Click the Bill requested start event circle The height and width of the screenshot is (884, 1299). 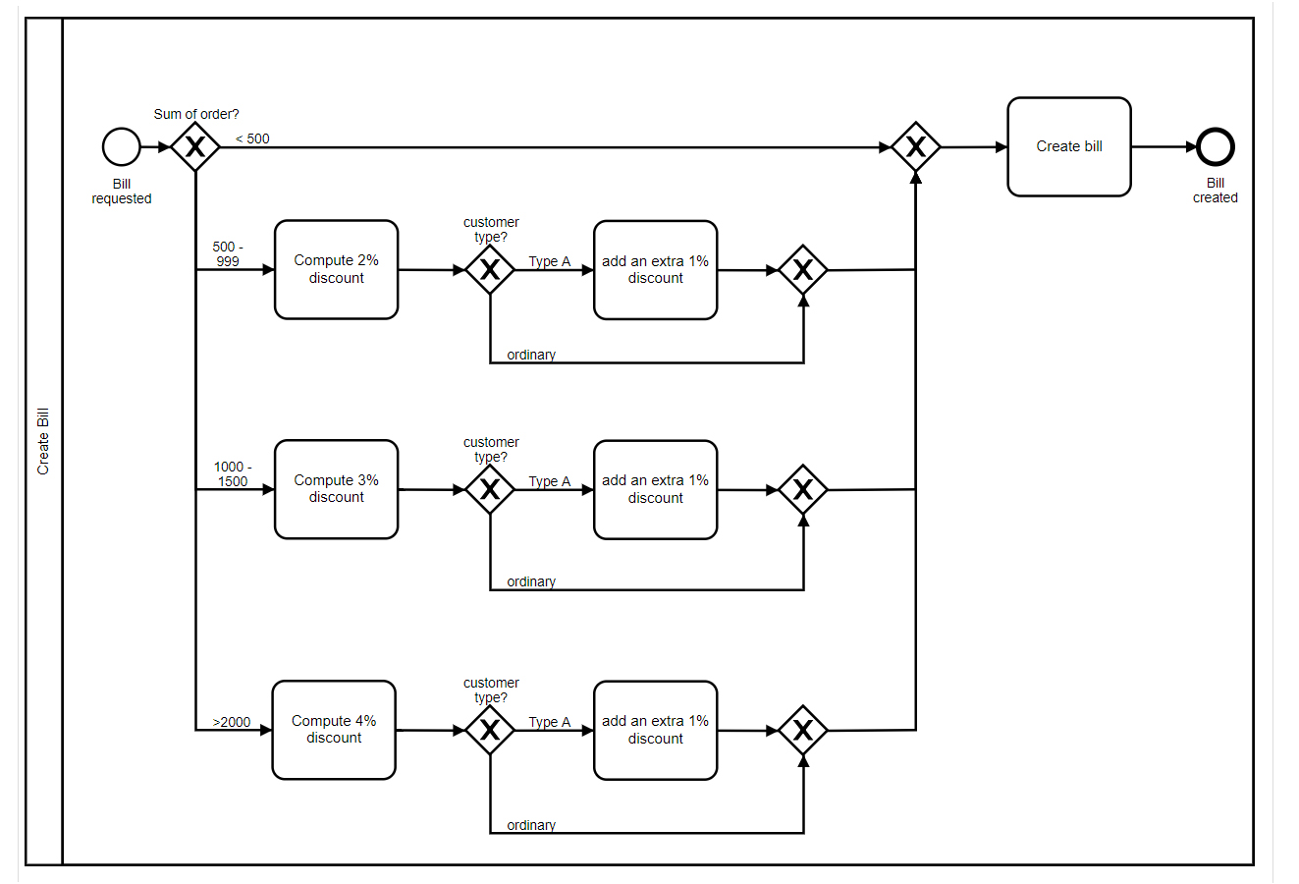122,147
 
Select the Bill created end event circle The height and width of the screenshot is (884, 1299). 1216,147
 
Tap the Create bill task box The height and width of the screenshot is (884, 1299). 1069,147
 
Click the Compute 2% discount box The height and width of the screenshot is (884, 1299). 336,270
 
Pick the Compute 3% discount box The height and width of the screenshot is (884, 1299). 336,489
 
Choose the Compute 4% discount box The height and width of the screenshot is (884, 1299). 334,730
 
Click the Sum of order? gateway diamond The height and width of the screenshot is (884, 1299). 195,147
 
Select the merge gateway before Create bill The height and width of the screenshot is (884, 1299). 916,147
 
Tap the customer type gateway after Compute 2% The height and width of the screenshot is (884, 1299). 490,270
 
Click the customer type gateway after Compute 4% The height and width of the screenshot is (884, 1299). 490,730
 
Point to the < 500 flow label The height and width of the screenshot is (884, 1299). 252,138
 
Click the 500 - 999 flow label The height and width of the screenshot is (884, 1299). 228,254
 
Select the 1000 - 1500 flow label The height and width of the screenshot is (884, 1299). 233,474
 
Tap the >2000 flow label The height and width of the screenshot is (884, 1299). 232,722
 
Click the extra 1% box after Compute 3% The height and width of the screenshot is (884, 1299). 655,489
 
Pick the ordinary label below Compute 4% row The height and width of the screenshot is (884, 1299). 531,825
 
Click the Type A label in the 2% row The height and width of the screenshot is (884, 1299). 549,261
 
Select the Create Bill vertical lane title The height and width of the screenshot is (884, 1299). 43,442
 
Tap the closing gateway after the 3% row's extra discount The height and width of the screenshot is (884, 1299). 803,489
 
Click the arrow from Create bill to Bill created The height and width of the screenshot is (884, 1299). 1164,147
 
